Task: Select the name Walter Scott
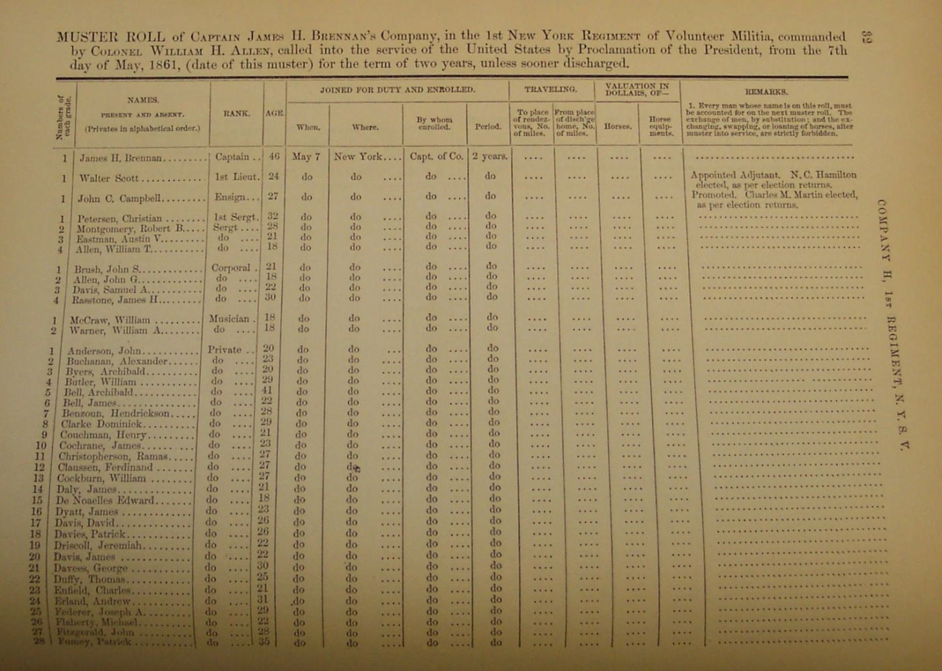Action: pyautogui.click(x=108, y=178)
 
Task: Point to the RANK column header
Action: pyautogui.click(x=236, y=114)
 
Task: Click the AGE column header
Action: pyautogui.click(x=275, y=114)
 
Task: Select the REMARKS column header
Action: pyautogui.click(x=766, y=92)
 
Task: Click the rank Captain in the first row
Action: pyautogui.click(x=233, y=157)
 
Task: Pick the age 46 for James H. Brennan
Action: pyautogui.click(x=274, y=156)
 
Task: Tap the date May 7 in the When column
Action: pyautogui.click(x=306, y=157)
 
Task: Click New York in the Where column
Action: pyautogui.click(x=358, y=157)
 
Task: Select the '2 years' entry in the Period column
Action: pyautogui.click(x=489, y=156)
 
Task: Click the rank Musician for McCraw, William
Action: pyautogui.click(x=229, y=319)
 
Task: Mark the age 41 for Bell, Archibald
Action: pyautogui.click(x=267, y=390)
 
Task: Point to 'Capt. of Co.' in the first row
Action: pyautogui.click(x=437, y=156)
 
